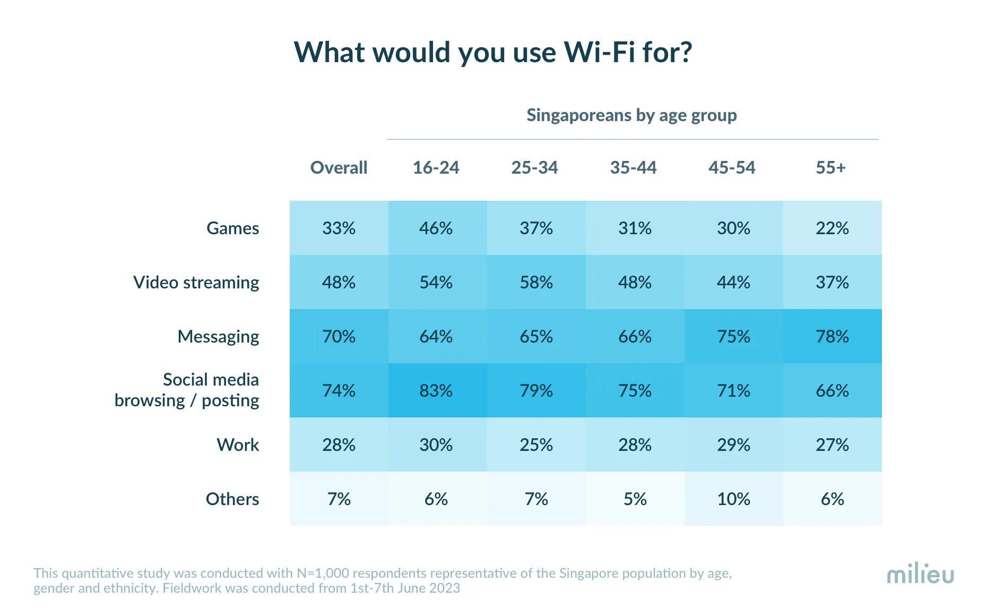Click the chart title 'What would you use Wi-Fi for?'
pos(493,52)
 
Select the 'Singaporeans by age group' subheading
pos(631,115)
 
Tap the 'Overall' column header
pos(339,168)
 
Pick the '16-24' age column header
pos(436,168)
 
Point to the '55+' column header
pos(830,168)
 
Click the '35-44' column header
pos(633,168)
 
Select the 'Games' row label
pos(232,228)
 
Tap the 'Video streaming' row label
pos(196,283)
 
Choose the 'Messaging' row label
pos(218,337)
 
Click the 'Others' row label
pos(232,499)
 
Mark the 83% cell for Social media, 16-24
pos(436,391)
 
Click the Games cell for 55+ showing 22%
pos(832,228)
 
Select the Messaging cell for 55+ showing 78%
pos(832,337)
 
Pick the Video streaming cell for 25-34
pos(536,283)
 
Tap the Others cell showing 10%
pos(733,499)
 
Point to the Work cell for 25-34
pos(536,445)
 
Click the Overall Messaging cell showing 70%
pos(339,337)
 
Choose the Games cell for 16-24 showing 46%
pos(436,228)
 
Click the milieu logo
pos(920,574)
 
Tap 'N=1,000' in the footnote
pos(323,574)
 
